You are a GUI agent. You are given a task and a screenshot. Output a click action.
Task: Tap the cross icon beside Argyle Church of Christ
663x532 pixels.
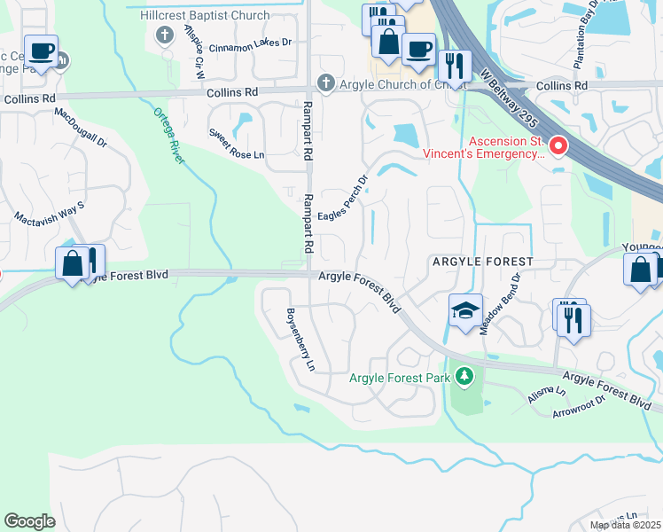(325, 83)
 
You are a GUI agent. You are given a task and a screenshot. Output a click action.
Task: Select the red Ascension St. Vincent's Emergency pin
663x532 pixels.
(558, 145)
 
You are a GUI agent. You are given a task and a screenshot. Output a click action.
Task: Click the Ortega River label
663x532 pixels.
(169, 136)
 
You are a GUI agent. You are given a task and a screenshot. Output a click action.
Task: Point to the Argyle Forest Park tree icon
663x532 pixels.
(464, 378)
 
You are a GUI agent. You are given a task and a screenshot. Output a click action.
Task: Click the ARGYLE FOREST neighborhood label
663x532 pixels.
(482, 262)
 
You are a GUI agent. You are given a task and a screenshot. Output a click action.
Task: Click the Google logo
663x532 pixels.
(29, 520)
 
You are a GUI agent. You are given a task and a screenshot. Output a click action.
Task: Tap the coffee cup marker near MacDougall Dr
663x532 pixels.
(40, 51)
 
